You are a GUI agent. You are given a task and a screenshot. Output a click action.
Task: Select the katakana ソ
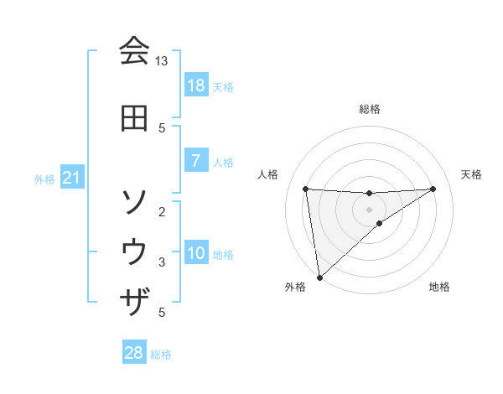[x=134, y=201]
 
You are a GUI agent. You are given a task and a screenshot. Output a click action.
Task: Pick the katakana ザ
[x=134, y=300]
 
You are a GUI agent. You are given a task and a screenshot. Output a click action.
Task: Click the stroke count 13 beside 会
[x=162, y=61]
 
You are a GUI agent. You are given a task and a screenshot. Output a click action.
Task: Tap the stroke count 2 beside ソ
[x=162, y=211]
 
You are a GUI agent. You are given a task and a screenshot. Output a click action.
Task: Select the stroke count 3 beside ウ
[x=162, y=262]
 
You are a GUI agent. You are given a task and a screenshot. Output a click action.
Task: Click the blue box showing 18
[x=195, y=86]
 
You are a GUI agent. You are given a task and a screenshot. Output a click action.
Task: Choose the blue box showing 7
[x=195, y=161]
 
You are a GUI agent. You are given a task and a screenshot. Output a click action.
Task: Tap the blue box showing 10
[x=195, y=253]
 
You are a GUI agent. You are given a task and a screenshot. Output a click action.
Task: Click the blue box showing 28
[x=133, y=353]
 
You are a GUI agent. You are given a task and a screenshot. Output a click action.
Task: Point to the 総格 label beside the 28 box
[x=161, y=355]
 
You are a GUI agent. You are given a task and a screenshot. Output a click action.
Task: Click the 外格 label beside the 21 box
[x=44, y=179]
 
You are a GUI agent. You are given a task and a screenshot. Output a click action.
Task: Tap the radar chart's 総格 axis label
[x=369, y=109]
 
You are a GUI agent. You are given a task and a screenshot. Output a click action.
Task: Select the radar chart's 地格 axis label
[x=439, y=287]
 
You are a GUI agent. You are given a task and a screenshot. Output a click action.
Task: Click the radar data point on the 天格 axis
[x=433, y=189]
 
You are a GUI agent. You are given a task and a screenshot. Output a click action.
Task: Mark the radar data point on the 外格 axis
[x=319, y=277]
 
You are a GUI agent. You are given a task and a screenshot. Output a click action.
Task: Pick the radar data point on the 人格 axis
[x=306, y=189]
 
